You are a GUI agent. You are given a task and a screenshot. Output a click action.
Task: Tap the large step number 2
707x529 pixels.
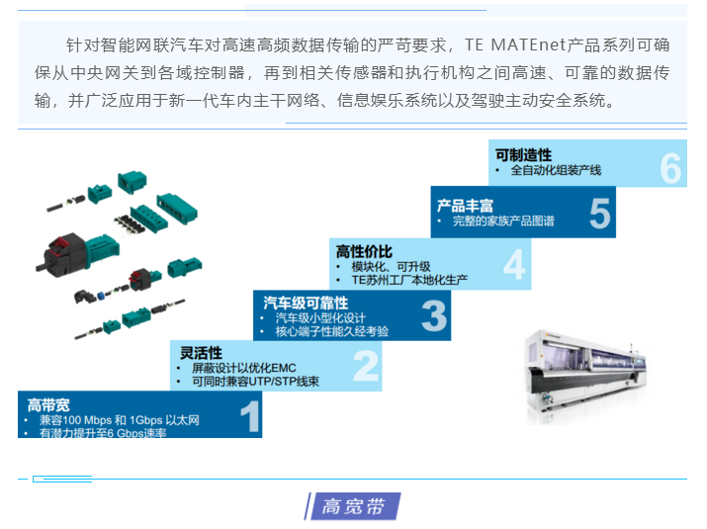366,366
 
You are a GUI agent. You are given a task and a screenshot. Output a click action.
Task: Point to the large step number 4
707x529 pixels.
514,265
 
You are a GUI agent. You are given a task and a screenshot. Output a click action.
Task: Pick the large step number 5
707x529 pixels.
599,213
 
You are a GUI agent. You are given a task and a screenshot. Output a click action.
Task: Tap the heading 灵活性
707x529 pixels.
200,353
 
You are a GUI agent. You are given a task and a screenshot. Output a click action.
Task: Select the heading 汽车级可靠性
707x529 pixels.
306,302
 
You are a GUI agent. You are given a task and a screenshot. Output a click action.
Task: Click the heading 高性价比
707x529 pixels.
364,252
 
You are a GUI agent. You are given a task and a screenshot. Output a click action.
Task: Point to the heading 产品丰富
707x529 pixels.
465,206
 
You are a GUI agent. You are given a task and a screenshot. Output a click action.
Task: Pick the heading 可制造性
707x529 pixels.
523,154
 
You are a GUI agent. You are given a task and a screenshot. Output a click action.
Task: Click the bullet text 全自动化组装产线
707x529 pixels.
556,170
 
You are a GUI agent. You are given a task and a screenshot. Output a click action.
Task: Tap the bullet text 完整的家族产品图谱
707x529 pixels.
503,221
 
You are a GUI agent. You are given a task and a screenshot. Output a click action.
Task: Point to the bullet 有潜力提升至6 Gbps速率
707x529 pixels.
102,433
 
